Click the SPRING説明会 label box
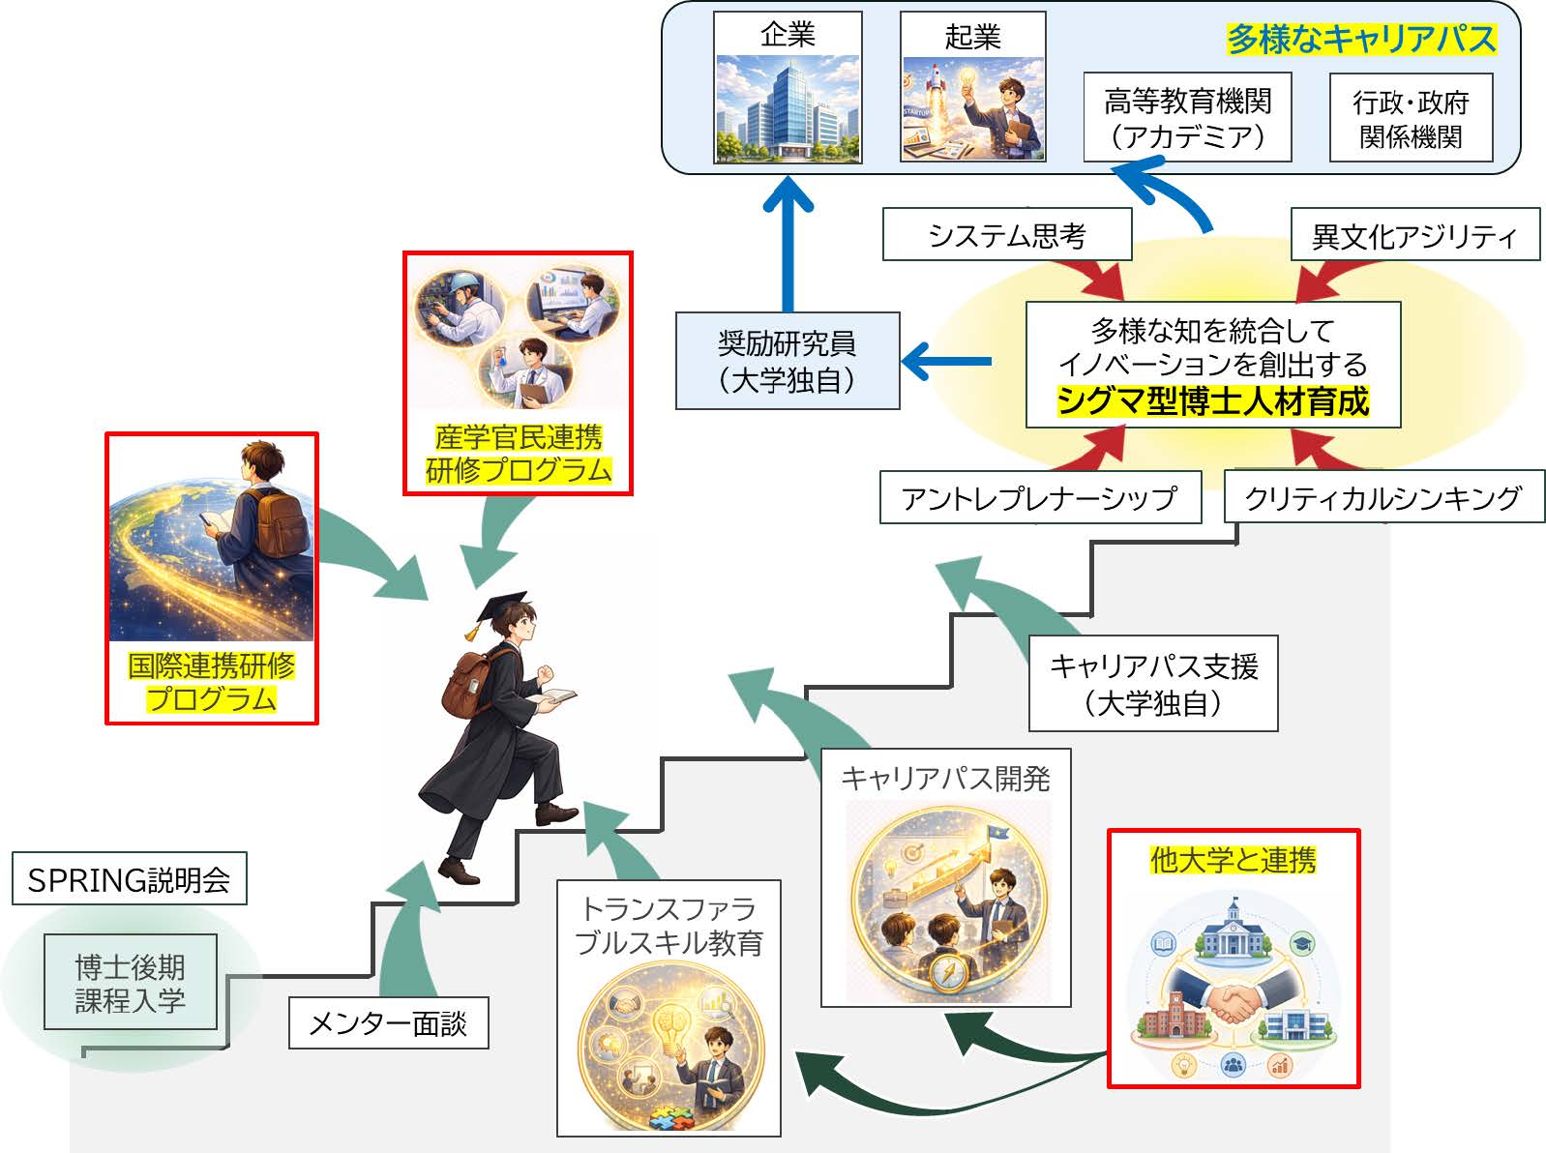[x=130, y=878]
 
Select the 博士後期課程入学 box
[x=131, y=982]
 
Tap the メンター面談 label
[x=389, y=1022]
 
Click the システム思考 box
[x=1007, y=234]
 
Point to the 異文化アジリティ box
[x=1415, y=234]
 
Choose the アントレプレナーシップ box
[x=1040, y=497]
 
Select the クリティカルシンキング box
[x=1384, y=496]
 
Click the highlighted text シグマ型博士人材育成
[x=1213, y=401]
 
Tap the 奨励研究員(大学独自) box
[x=788, y=361]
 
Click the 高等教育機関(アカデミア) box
[x=1187, y=117]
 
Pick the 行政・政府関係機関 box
[x=1411, y=118]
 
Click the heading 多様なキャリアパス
[x=1361, y=39]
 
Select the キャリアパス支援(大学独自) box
[x=1153, y=683]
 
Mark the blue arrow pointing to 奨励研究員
[x=946, y=361]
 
